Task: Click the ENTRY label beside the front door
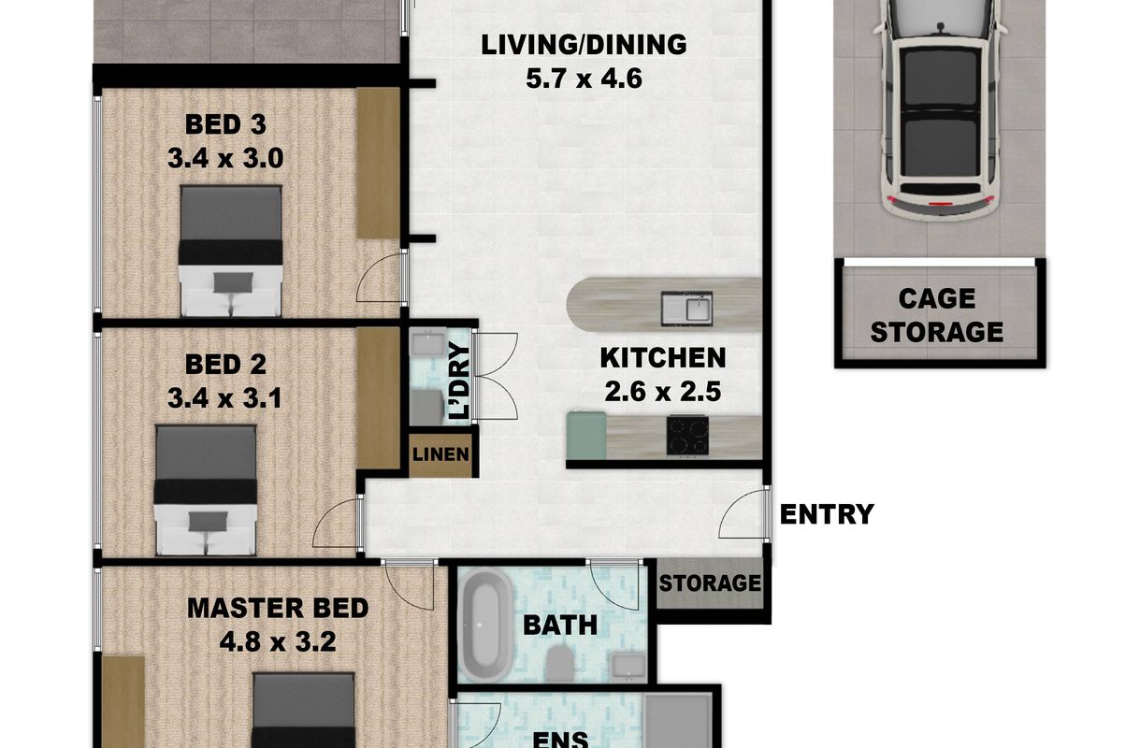(x=827, y=514)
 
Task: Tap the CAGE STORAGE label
(x=937, y=315)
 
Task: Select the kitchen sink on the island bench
(x=686, y=309)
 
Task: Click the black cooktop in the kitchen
(x=687, y=436)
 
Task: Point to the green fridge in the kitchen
(x=586, y=436)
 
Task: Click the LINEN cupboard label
(x=440, y=454)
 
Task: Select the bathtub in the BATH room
(x=485, y=625)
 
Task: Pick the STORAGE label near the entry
(x=710, y=583)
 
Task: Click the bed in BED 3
(x=231, y=251)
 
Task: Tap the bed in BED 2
(x=205, y=491)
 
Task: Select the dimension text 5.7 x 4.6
(x=584, y=79)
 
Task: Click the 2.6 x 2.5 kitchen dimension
(x=663, y=392)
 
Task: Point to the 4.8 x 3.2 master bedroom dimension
(x=278, y=641)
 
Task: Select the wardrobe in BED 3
(x=378, y=163)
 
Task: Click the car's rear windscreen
(x=941, y=189)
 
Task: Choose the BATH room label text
(x=560, y=626)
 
